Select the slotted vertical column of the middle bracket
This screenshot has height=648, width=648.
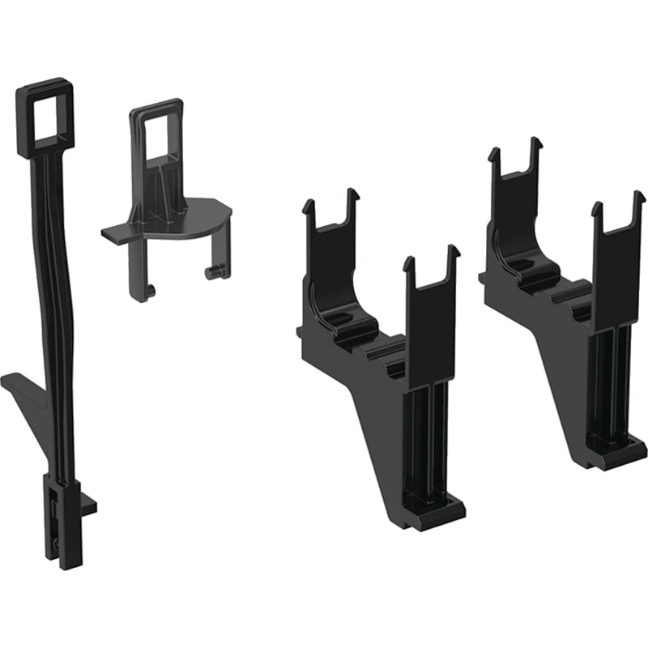pyautogui.click(x=427, y=429)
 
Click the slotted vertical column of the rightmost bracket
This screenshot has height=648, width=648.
pyautogui.click(x=612, y=381)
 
